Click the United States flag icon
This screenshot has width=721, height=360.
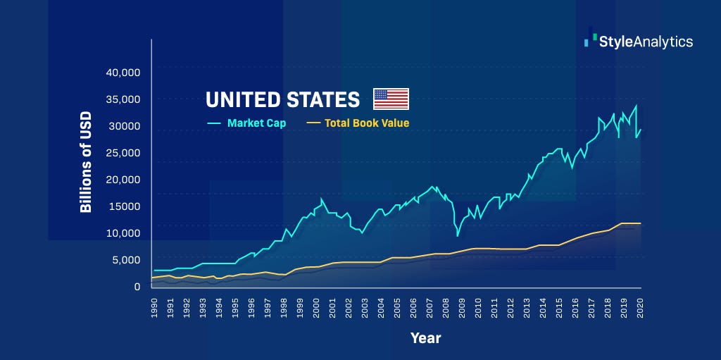[x=391, y=99]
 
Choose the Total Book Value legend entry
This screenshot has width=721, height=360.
[x=366, y=123]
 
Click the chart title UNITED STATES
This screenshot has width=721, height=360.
[x=282, y=99]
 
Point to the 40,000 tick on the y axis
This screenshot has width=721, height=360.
[x=123, y=73]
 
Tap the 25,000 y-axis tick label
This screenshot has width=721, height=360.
[x=123, y=153]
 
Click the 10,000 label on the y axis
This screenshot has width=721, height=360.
[x=123, y=233]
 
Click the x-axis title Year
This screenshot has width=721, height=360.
[x=426, y=338]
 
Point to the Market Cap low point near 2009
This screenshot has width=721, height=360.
[x=458, y=235]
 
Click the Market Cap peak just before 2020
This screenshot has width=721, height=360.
[x=636, y=106]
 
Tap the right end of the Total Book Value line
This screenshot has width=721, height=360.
[x=640, y=223]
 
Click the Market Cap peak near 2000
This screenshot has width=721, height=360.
[x=322, y=199]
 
